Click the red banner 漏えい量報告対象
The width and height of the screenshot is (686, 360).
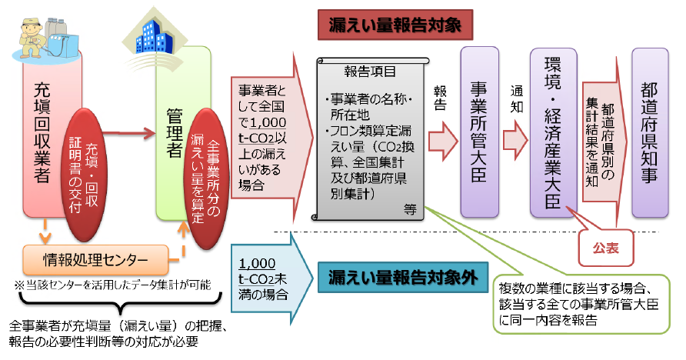point(394,25)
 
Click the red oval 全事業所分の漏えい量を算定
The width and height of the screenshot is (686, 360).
point(205,174)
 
